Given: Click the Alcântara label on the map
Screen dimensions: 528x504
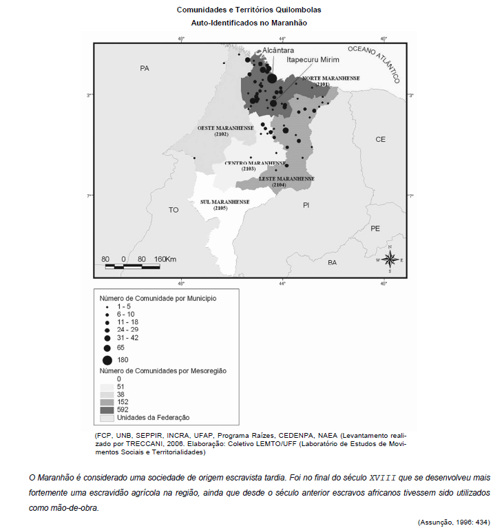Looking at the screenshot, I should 278,51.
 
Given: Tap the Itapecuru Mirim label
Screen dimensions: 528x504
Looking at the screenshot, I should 313,60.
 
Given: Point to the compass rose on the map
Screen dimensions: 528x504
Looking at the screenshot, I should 390,260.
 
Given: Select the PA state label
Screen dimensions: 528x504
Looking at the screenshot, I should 144,68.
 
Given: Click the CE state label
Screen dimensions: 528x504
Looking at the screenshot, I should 380,139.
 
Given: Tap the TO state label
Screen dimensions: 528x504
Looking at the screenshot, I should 174,209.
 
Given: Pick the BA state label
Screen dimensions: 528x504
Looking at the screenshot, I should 332,263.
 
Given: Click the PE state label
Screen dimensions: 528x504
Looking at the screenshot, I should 375,228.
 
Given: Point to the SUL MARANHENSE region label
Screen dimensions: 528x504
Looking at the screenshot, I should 224,204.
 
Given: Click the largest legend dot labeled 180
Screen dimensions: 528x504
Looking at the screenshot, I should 107,359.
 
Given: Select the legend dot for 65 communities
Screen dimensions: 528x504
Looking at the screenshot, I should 107,348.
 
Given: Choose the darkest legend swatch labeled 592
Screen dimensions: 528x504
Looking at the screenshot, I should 107,410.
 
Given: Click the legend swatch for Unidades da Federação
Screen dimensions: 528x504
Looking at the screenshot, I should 107,417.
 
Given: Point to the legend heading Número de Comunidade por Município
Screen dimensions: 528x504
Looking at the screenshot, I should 158,299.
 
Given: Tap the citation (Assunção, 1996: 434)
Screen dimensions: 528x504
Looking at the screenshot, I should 454,522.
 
